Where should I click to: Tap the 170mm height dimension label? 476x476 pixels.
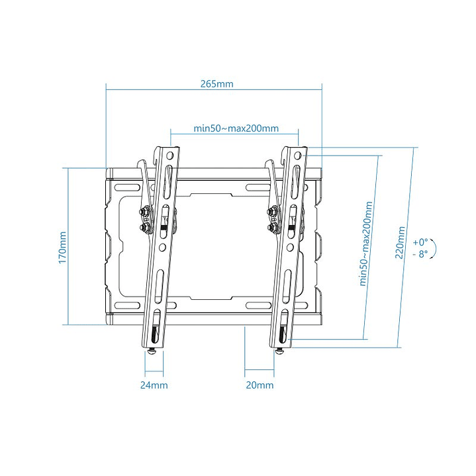[63, 246]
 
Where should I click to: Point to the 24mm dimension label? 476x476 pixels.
[154, 385]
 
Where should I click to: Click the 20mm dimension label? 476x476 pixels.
[259, 385]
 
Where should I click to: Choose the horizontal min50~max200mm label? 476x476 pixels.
[236, 128]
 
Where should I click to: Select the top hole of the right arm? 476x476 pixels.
[299, 156]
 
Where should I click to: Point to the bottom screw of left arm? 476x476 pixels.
[154, 350]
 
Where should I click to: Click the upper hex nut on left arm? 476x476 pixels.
[143, 213]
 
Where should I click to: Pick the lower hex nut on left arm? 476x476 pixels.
[143, 228]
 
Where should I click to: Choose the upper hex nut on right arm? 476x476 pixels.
[271, 213]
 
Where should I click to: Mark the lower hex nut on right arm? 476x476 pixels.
[271, 228]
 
